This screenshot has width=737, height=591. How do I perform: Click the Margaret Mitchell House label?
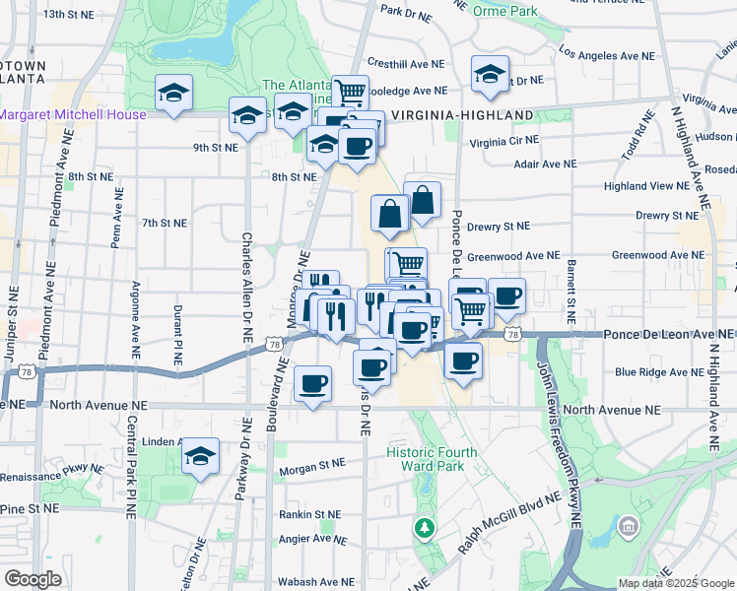tap(73, 114)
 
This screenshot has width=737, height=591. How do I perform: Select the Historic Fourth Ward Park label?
tap(432, 460)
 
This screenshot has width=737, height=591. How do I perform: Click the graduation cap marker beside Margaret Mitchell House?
tap(174, 95)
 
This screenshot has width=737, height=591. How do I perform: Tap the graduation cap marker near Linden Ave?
tap(201, 456)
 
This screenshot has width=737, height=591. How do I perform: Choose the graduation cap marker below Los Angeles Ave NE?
tap(490, 75)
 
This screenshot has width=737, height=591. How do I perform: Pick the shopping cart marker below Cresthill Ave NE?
tap(350, 93)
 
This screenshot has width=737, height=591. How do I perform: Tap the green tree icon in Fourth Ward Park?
tap(425, 529)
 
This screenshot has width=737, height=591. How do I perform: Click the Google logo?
tap(33, 579)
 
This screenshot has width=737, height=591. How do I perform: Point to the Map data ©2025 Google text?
tap(675, 583)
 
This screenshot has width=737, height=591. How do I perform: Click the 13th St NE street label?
tap(67, 14)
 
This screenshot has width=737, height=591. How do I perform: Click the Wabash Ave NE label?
tap(308, 581)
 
